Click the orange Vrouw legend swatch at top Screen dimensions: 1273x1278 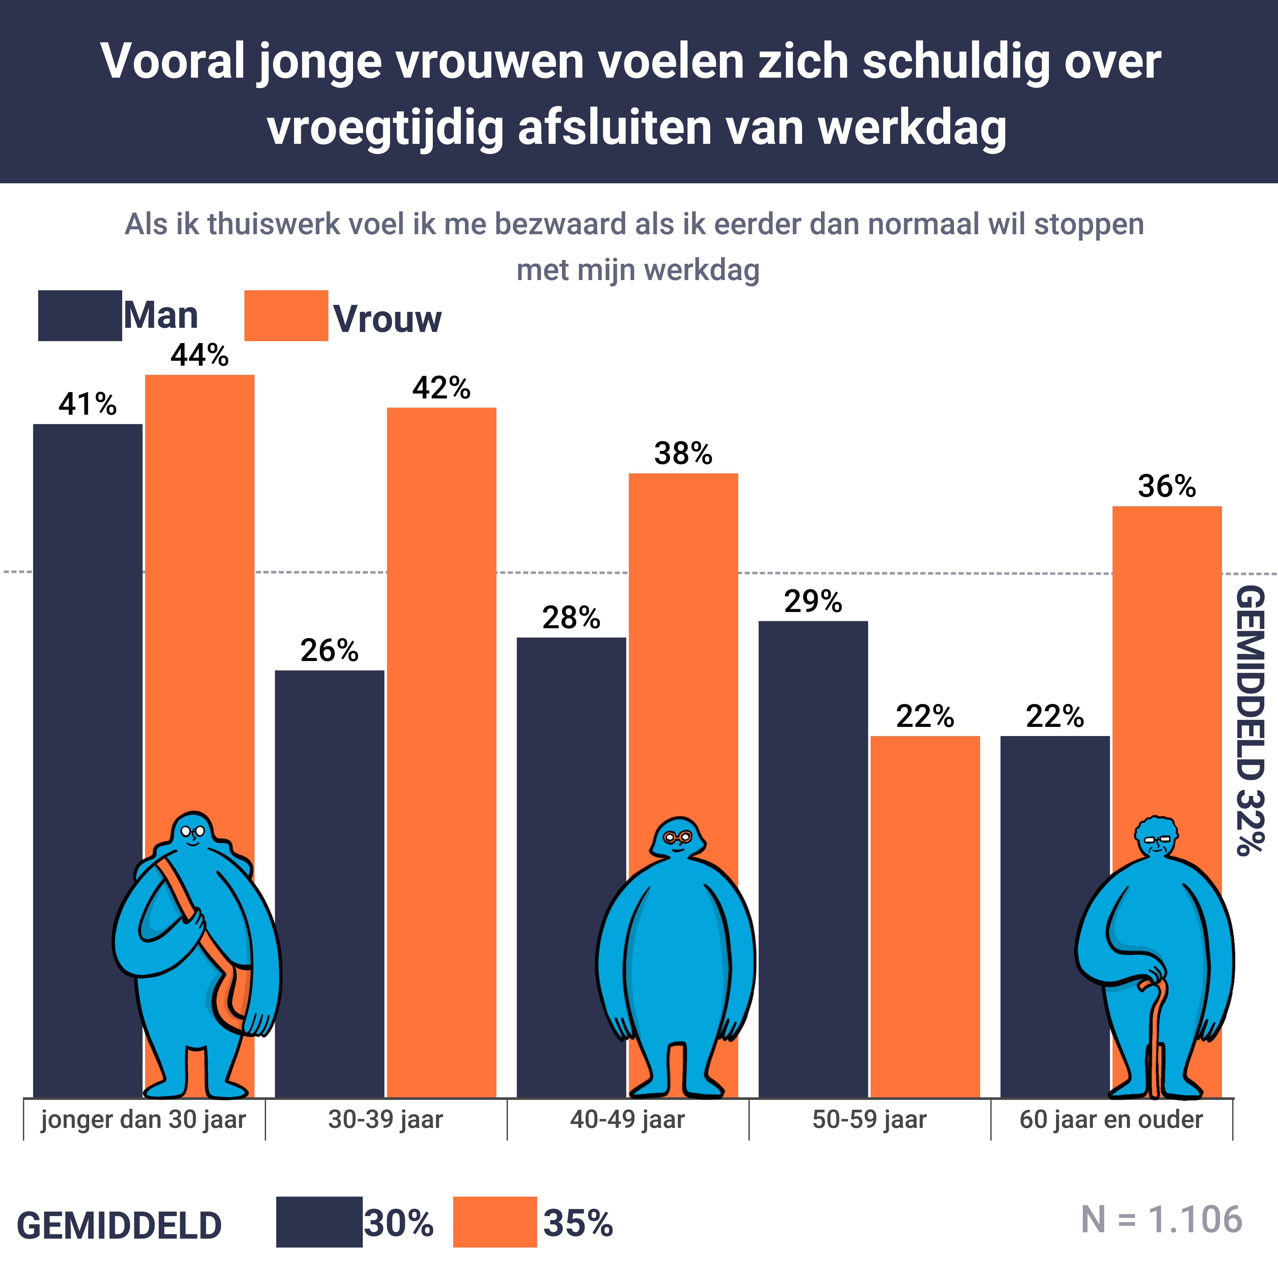point(286,316)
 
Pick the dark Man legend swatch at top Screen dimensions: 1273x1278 point(79,316)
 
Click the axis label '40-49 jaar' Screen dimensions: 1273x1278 point(627,1120)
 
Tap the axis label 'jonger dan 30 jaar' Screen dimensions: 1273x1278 point(144,1120)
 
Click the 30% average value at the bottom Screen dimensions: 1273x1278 point(398,1223)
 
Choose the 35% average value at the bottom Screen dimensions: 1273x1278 point(578,1223)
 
